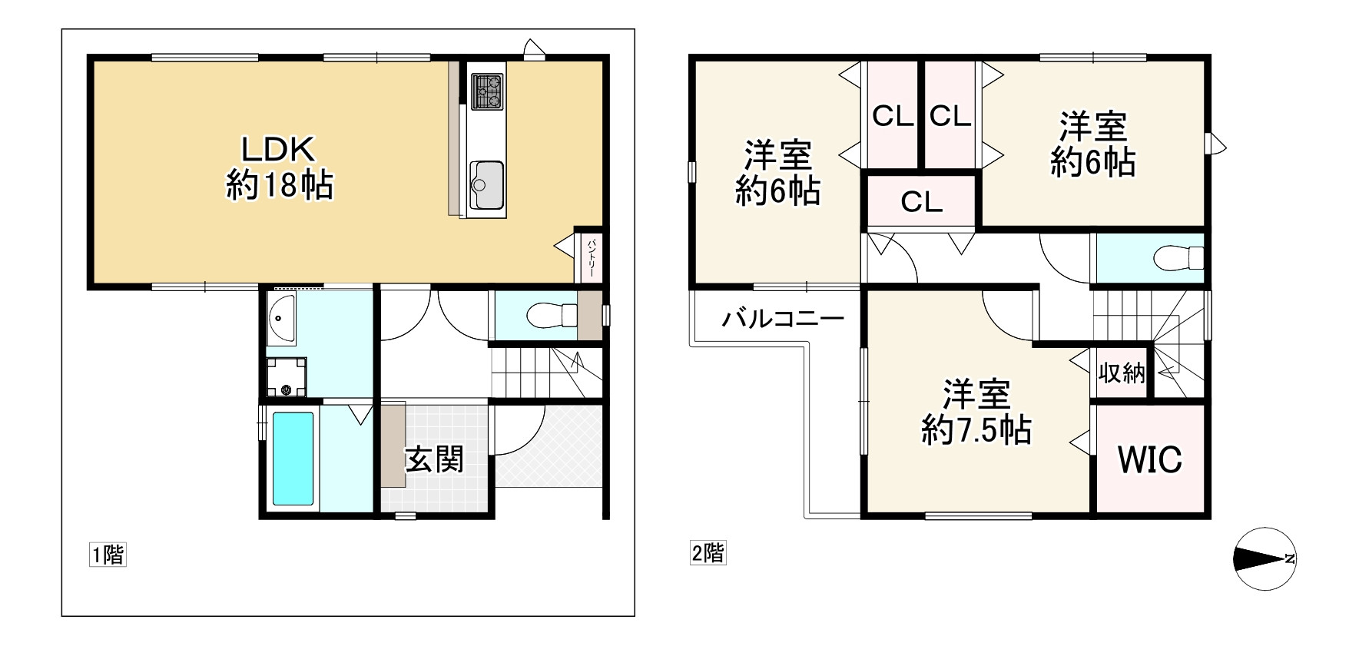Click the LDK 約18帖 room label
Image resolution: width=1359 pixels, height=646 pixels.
(279, 167)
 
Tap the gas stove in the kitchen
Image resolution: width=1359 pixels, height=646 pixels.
(486, 91)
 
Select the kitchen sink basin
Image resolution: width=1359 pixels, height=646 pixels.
(486, 184)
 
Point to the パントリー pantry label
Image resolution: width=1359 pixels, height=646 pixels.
(592, 256)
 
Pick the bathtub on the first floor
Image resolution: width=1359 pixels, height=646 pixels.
(293, 459)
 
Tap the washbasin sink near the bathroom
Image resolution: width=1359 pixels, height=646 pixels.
(282, 318)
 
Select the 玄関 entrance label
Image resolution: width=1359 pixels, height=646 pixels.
(434, 459)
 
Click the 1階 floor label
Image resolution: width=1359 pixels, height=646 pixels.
(108, 555)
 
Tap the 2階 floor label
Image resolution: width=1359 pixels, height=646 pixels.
(708, 553)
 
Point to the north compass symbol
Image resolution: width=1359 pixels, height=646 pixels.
(1263, 559)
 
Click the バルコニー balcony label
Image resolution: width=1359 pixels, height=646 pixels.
(783, 318)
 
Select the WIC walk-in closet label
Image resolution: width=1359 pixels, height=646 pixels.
(1149, 459)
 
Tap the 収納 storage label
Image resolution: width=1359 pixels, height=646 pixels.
(1122, 374)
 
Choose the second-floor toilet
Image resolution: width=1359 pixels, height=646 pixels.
(1178, 257)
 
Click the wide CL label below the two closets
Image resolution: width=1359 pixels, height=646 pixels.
(921, 202)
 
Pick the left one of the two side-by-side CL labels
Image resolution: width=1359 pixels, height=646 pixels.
(893, 117)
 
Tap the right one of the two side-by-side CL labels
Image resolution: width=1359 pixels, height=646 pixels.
(950, 117)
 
